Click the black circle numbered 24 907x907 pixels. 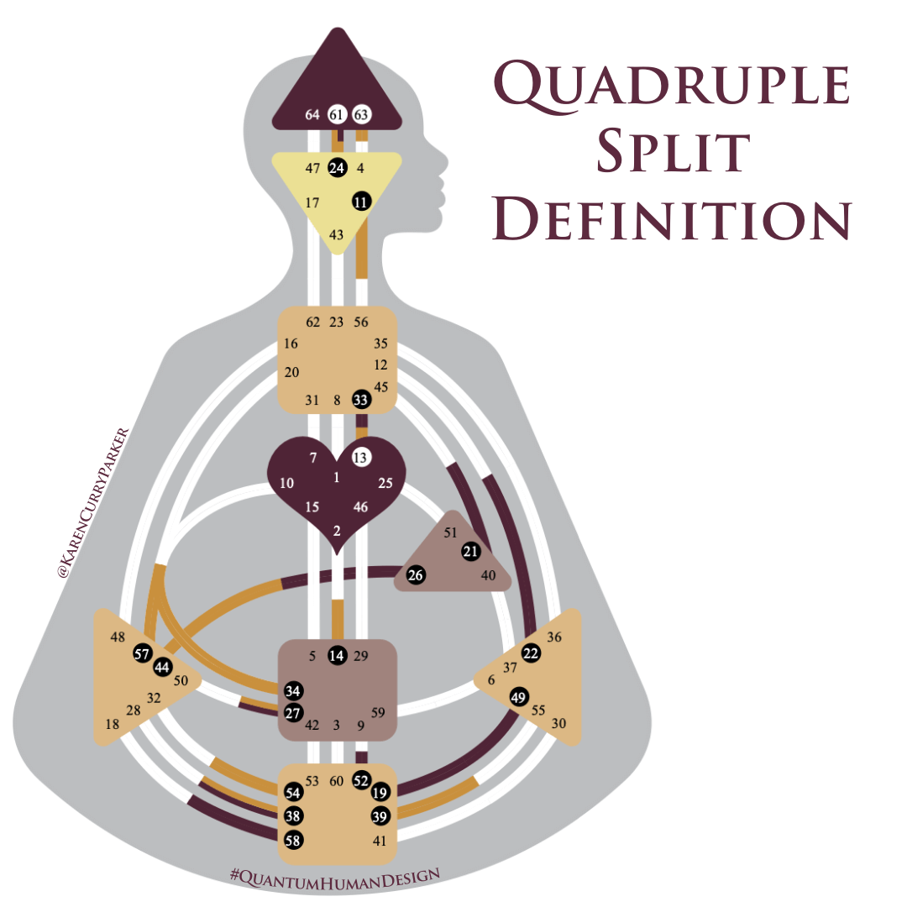(x=338, y=168)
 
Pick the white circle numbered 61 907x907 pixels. (x=337, y=114)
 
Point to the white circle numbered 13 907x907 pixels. (x=361, y=458)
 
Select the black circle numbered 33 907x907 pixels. (x=361, y=400)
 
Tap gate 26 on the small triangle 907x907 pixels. (x=416, y=575)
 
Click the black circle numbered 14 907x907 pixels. (x=337, y=656)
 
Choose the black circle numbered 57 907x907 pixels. (x=142, y=655)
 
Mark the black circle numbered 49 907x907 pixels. (x=518, y=696)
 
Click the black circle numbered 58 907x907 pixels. (x=293, y=839)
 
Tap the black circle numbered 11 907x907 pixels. (x=361, y=202)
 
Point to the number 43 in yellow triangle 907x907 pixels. (x=337, y=235)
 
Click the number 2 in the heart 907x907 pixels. (x=337, y=531)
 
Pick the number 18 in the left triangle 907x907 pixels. (x=112, y=725)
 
